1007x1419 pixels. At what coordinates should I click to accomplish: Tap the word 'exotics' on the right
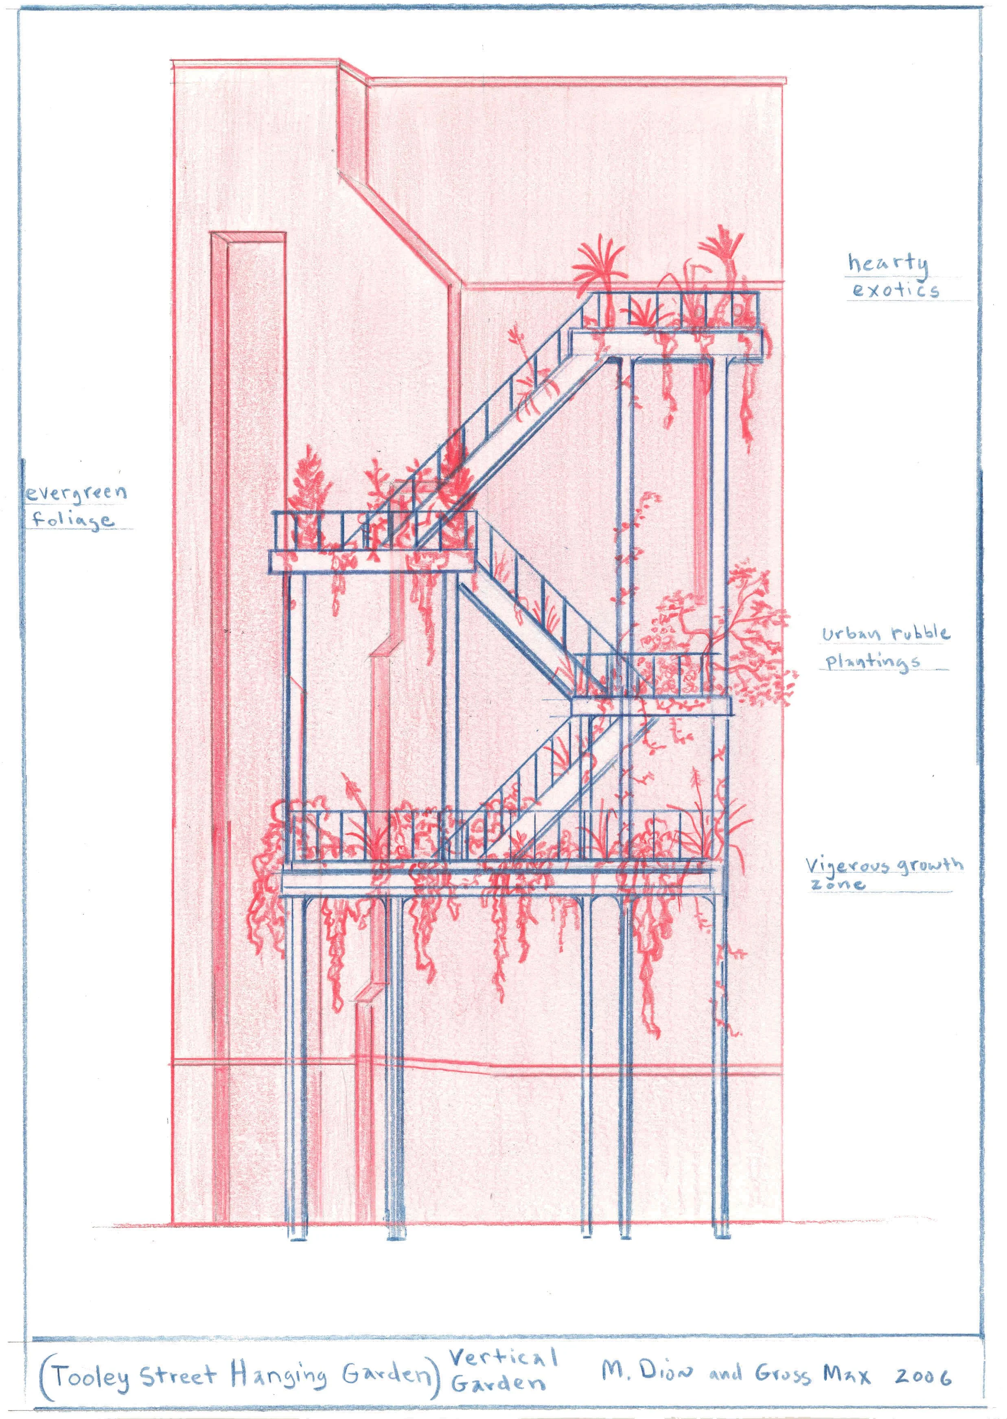pyautogui.click(x=895, y=289)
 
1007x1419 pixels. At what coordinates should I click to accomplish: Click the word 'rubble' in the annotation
pyautogui.click(x=921, y=633)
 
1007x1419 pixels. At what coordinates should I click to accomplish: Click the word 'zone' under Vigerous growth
pyautogui.click(x=837, y=884)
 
